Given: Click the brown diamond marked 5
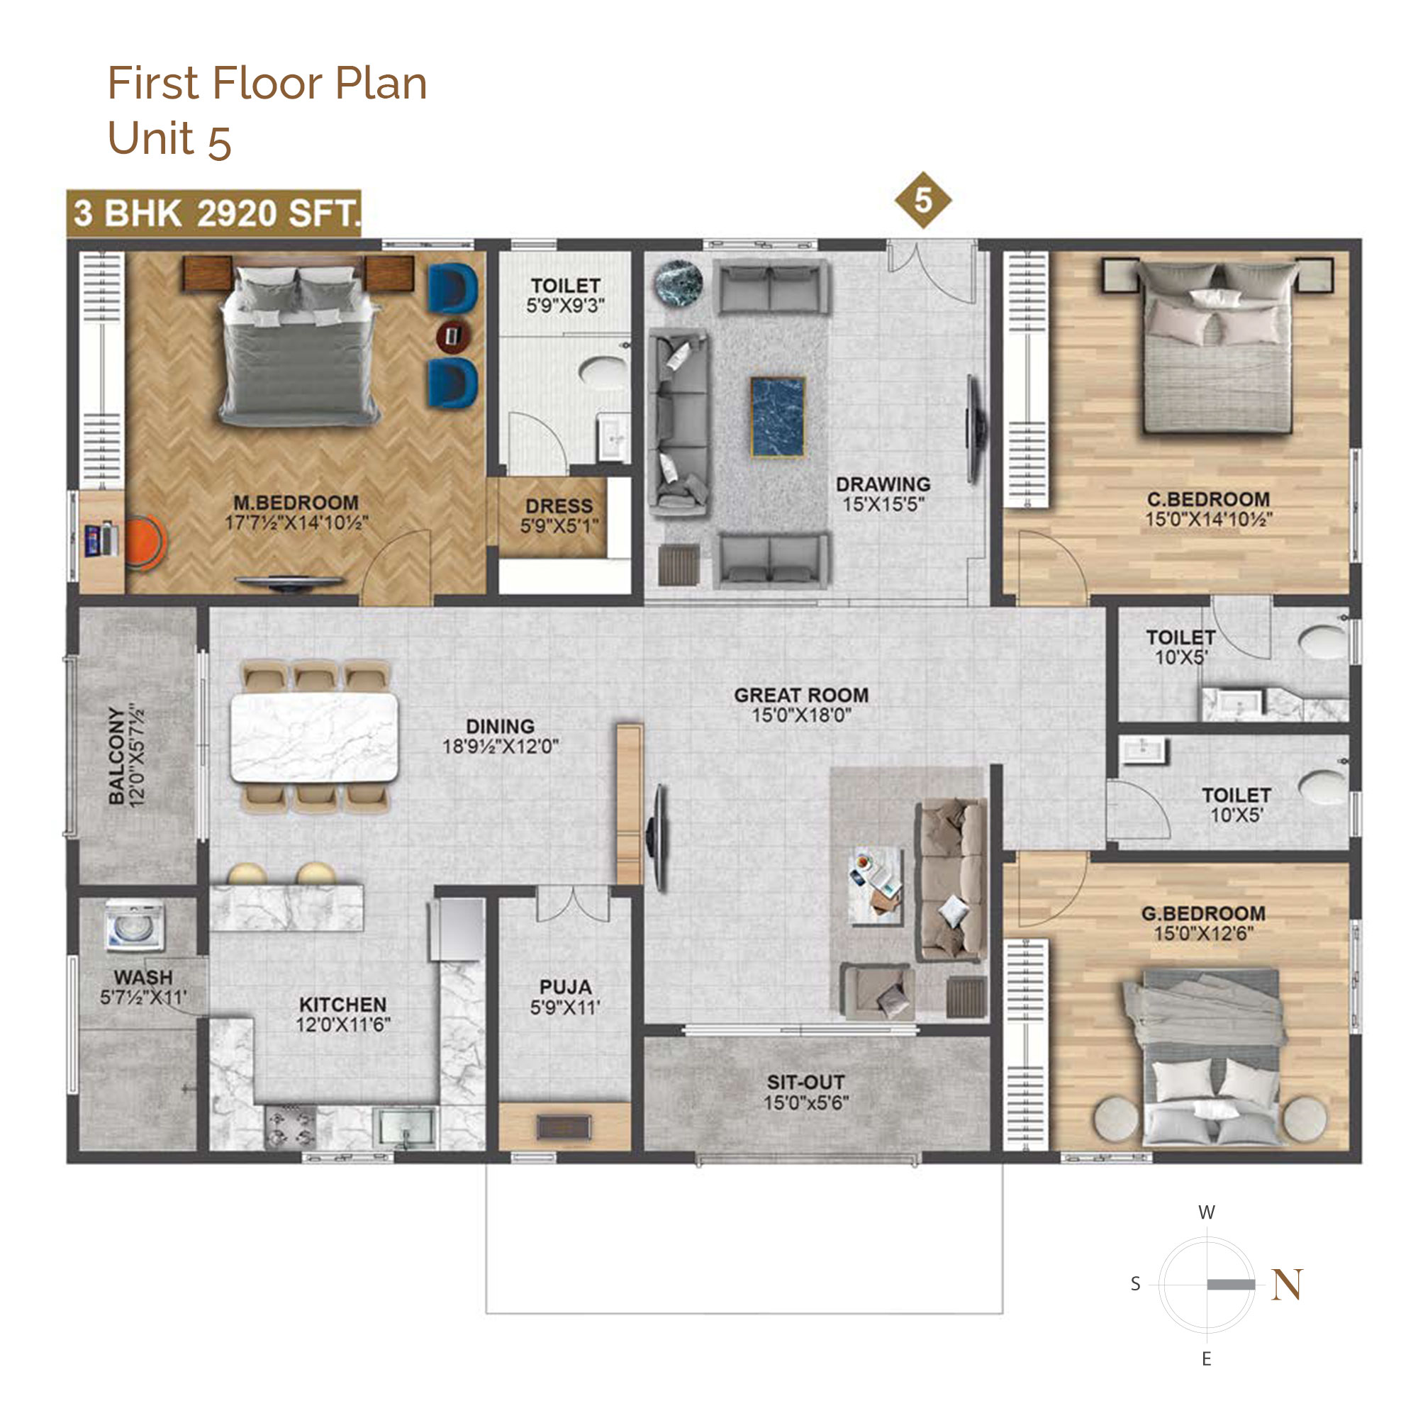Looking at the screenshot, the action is pyautogui.click(x=922, y=200).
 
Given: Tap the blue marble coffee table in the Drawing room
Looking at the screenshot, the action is pyautogui.click(x=777, y=416).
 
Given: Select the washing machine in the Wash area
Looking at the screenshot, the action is pyautogui.click(x=135, y=927).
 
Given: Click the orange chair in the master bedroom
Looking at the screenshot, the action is pyautogui.click(x=145, y=542).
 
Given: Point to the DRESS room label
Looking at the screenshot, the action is pyautogui.click(x=559, y=506).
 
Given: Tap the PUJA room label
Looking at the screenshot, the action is pyautogui.click(x=565, y=986).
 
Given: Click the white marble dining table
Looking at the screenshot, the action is pyautogui.click(x=314, y=737).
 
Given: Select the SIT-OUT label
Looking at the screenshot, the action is pyautogui.click(x=805, y=1082).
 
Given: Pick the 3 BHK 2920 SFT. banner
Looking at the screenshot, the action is pyautogui.click(x=213, y=213).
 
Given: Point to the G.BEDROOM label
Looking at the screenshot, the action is pyautogui.click(x=1203, y=913).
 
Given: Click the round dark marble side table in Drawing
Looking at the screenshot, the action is pyautogui.click(x=679, y=284).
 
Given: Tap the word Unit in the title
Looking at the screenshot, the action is pyautogui.click(x=150, y=138).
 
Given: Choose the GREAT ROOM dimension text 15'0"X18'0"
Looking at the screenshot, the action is pyautogui.click(x=800, y=715).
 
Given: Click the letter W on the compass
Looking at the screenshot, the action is pyautogui.click(x=1207, y=1212).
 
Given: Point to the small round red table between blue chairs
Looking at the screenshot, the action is pyautogui.click(x=453, y=336).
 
